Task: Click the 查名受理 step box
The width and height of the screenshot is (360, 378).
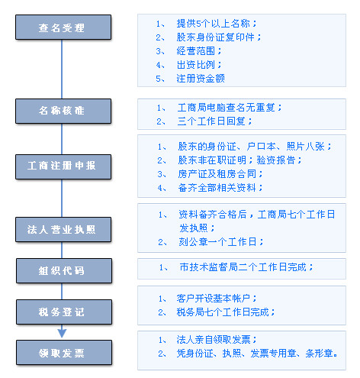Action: click(x=63, y=27)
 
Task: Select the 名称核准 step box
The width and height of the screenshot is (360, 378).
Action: click(x=63, y=111)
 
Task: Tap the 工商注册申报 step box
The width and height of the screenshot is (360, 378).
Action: click(x=63, y=166)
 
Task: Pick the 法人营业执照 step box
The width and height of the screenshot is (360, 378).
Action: click(x=63, y=229)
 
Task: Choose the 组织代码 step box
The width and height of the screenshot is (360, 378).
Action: click(x=64, y=271)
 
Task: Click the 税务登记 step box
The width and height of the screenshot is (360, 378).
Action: click(x=64, y=312)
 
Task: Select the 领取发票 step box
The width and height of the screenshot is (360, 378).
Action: click(x=64, y=353)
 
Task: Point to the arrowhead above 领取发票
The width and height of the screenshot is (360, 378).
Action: click(x=62, y=333)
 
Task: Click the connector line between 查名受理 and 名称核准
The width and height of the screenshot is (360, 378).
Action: click(x=62, y=69)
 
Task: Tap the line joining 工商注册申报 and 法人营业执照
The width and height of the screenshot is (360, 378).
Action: click(x=62, y=199)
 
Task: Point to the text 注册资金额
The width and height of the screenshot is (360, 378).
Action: click(x=201, y=79)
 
